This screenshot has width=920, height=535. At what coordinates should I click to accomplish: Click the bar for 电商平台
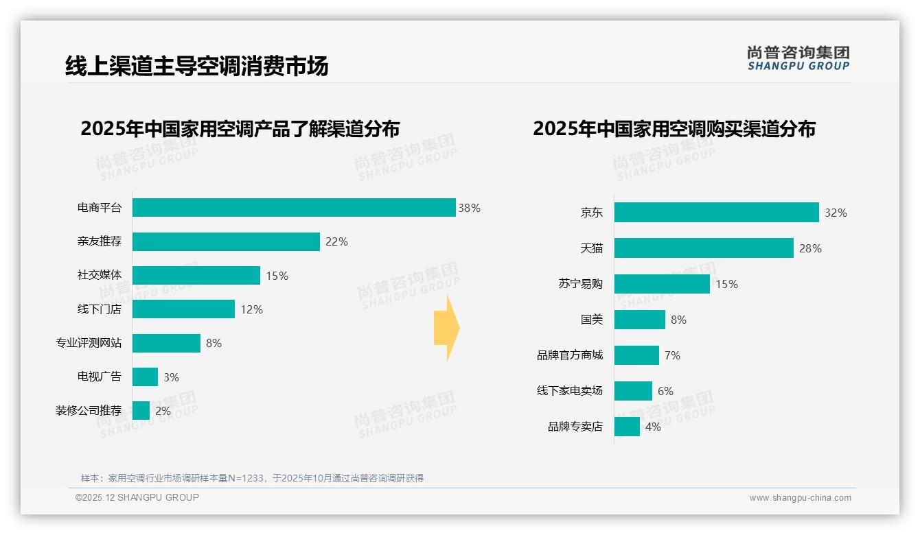[294, 208]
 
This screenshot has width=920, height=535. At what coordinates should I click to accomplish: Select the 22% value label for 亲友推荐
[336, 241]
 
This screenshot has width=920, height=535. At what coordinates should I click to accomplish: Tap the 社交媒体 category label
[100, 275]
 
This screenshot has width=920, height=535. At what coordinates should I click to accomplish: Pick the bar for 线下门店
[183, 309]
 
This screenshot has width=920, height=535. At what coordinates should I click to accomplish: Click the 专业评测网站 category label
[89, 343]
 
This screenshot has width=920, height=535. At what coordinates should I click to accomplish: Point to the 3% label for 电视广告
[171, 377]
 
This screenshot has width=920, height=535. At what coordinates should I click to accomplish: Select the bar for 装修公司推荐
[141, 411]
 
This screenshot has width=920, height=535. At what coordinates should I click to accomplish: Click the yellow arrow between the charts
[446, 328]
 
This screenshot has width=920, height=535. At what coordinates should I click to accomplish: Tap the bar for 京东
[716, 213]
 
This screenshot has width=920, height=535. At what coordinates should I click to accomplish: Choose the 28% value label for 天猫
[810, 248]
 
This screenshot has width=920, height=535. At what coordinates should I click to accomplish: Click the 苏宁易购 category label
[580, 284]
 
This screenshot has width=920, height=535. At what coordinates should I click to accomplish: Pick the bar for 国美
[639, 320]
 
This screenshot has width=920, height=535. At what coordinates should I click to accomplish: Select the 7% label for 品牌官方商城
[672, 355]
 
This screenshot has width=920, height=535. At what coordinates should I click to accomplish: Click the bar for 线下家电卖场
[633, 391]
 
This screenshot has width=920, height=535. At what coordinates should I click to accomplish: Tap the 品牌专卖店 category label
[575, 427]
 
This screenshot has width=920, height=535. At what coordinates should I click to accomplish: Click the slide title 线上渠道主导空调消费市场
[196, 66]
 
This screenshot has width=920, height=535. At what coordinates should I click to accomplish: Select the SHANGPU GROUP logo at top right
[798, 58]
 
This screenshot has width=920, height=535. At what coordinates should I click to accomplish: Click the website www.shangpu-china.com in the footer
[800, 498]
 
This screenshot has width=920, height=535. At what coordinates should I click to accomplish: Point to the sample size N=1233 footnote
[251, 478]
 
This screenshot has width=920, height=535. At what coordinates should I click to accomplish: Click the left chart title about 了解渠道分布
[240, 128]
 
